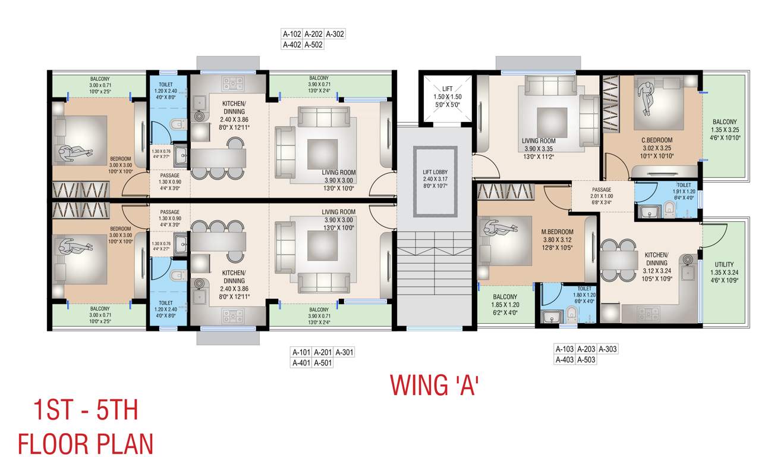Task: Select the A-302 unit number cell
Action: coord(335,34)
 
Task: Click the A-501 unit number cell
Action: coord(322,363)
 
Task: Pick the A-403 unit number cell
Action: coord(565,359)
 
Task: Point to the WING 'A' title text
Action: coord(435,385)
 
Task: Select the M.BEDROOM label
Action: coord(557,232)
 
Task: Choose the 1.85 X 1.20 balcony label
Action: coord(504,304)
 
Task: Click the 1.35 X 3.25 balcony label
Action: coord(725,129)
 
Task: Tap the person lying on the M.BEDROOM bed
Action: coord(495,228)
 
